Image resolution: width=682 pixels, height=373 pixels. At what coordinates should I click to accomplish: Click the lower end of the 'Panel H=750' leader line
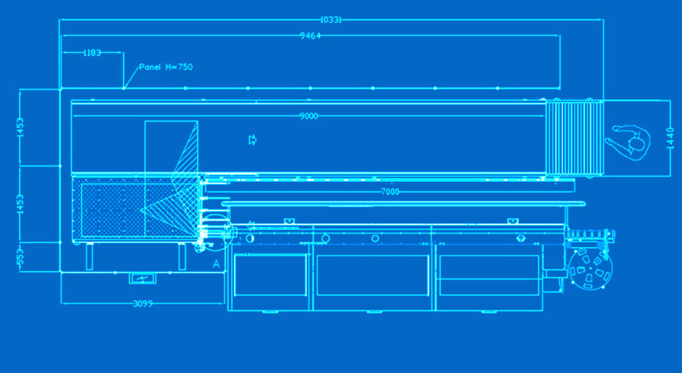[123, 88]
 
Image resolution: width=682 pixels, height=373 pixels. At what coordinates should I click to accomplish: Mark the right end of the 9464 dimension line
[559, 36]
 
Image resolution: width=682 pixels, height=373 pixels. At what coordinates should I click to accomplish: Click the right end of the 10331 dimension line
[603, 19]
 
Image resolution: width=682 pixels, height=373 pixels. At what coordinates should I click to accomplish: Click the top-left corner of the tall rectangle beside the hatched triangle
[145, 121]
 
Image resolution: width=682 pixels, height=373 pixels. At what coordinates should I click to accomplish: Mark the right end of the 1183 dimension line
[123, 53]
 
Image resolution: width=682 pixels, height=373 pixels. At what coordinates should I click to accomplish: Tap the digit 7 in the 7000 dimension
[384, 191]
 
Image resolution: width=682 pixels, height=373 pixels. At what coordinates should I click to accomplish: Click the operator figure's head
[637, 143]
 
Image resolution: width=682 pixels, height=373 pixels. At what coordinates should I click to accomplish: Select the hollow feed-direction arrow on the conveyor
[252, 140]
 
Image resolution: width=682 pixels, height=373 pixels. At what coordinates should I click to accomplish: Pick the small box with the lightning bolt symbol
[143, 278]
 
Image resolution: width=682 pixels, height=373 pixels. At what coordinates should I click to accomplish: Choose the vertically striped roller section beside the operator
[574, 138]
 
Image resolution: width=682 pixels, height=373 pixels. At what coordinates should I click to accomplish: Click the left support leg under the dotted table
[90, 256]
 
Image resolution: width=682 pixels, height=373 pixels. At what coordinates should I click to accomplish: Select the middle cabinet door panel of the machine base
[373, 276]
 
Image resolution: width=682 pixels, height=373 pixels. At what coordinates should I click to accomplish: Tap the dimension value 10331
[331, 19]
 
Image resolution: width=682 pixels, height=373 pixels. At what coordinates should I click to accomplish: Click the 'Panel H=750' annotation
[166, 67]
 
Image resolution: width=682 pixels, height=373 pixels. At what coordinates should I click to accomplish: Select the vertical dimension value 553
[20, 257]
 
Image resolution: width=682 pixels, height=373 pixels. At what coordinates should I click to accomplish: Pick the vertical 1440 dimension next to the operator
[670, 139]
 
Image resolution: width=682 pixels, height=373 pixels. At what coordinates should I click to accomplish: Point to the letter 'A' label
[216, 264]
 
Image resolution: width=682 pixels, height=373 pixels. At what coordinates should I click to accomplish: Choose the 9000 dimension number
[309, 116]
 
